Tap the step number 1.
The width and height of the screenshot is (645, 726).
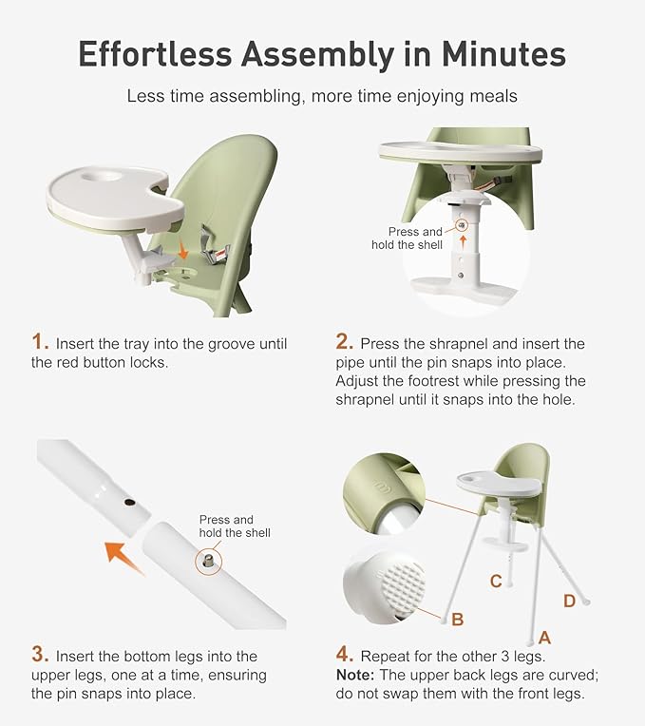39,342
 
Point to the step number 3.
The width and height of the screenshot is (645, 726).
39,655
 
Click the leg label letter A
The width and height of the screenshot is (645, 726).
544,638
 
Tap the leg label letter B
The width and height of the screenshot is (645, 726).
457,620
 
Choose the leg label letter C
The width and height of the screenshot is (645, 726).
495,581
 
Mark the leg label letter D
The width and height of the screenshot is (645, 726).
569,600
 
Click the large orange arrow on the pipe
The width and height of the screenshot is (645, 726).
124,557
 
